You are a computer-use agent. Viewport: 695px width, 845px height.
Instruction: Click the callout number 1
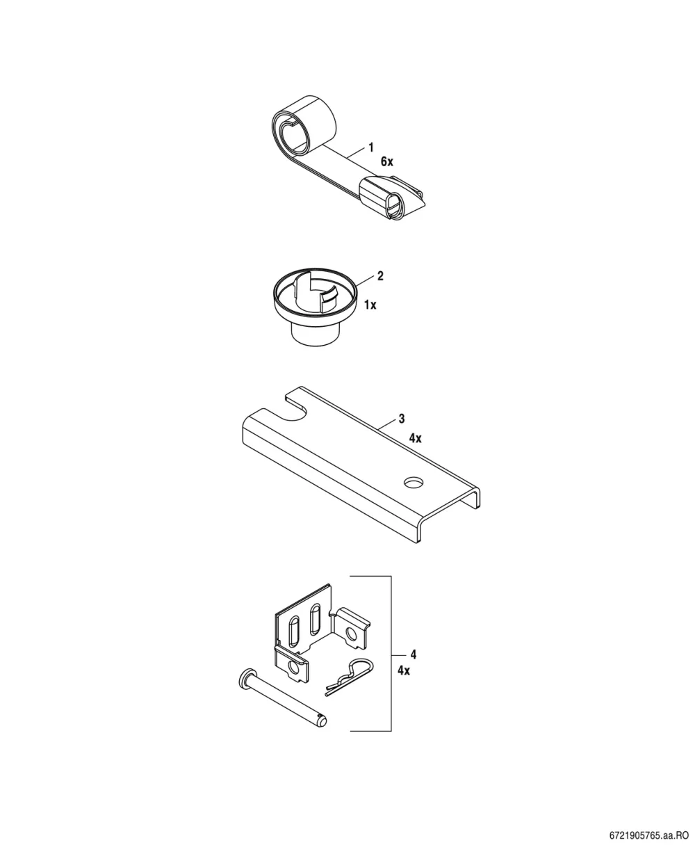click(370, 147)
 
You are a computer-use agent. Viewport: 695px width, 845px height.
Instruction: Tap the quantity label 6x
click(386, 162)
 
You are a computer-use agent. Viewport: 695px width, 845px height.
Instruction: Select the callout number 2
click(380, 275)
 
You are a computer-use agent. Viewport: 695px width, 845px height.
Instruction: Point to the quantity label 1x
click(370, 305)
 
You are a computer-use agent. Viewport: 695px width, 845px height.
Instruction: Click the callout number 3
click(402, 418)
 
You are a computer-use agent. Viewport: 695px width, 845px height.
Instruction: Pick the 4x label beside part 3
click(415, 438)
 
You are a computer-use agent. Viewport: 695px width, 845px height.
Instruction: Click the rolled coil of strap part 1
click(304, 125)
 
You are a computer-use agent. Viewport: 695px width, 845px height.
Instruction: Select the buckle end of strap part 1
click(391, 198)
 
